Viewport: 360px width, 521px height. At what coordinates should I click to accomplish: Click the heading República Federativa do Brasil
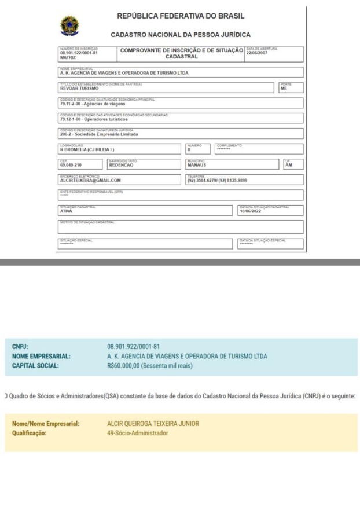pos(181,16)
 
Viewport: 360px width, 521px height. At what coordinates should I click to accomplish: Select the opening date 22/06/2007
pos(257,53)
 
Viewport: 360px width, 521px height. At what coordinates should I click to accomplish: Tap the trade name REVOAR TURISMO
pos(79,89)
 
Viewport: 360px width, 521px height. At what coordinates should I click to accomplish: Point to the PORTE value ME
pos(284,89)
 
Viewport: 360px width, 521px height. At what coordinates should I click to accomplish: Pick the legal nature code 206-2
pos(65,134)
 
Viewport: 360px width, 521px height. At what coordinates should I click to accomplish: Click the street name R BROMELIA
pos(73,150)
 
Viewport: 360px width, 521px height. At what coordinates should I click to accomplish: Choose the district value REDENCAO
pos(121,165)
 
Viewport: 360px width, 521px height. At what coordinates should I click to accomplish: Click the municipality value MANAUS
pos(197,165)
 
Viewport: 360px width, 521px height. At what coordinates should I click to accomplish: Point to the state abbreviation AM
pos(289,165)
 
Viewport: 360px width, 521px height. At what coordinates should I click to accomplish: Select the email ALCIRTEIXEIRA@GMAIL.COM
pos(90,181)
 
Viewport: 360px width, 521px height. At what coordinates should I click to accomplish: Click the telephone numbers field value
pos(217,181)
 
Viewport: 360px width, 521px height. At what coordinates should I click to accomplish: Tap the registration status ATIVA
pos(66,211)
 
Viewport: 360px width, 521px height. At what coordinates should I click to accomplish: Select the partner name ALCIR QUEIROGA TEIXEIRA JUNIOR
pos(153,424)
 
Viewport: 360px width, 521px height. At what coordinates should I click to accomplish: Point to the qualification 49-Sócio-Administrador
pos(138,433)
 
